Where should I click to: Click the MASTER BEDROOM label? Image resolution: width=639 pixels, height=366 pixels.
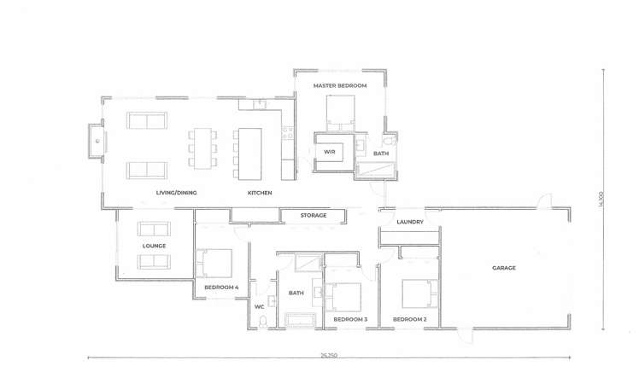340,87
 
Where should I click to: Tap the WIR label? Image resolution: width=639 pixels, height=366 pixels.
329,153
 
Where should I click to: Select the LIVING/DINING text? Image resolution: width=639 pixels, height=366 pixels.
176,193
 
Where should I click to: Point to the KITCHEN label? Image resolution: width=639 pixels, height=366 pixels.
260,193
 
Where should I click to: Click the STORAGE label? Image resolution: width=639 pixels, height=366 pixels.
314,215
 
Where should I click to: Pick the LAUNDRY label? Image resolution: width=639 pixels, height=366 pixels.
411,222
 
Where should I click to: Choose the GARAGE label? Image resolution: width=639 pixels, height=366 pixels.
503,268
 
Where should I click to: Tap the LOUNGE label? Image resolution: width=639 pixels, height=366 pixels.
154,246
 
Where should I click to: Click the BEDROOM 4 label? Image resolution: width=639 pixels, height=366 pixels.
221,288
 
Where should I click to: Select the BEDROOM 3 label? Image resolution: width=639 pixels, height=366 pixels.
350,319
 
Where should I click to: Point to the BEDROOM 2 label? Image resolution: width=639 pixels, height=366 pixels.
409,319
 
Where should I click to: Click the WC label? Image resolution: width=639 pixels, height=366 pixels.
259,305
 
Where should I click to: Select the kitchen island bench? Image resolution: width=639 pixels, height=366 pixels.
249,154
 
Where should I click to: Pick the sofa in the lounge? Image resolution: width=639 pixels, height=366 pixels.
155,229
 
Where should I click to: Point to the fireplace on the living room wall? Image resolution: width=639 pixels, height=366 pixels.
95,142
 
